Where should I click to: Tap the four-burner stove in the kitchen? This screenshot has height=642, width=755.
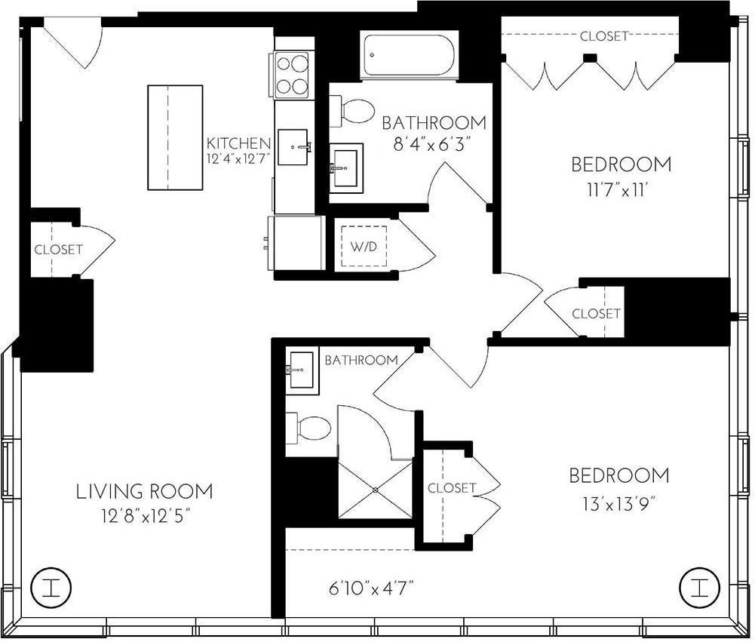pos(293,74)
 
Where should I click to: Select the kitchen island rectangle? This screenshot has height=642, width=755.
pos(175,138)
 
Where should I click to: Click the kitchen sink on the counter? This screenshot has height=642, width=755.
pos(294,146)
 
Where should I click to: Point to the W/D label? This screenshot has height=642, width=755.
pos(360,247)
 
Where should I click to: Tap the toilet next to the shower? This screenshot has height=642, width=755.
pos(312,429)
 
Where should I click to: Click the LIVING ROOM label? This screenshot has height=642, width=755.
pos(144,492)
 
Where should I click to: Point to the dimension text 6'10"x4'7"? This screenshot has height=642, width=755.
pos(371,585)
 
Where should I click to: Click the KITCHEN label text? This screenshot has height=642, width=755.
pos(239,143)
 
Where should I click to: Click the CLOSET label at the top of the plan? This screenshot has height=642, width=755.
pos(603,36)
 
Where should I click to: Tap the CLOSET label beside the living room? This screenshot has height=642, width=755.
pos(58,250)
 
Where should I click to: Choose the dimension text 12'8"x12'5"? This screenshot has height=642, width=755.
pos(144,518)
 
